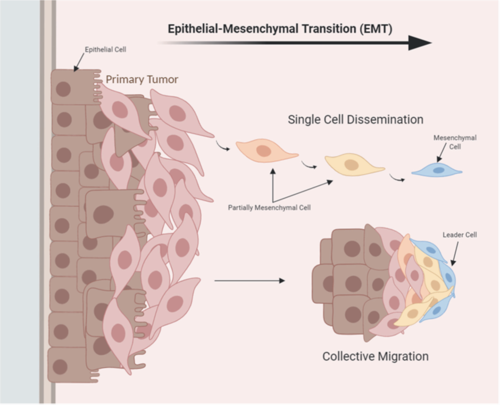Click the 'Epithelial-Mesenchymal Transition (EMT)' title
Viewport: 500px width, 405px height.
(280, 29)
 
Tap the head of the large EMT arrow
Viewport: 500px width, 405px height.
(420, 43)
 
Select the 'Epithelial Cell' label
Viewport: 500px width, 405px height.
(105, 49)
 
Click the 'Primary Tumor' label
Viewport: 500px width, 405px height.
(142, 79)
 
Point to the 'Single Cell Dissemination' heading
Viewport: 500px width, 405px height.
(355, 119)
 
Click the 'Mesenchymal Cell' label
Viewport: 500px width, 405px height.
(455, 142)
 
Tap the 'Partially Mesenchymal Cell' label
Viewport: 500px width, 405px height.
(269, 208)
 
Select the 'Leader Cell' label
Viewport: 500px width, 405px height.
(460, 235)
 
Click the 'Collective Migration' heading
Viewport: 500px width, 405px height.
(376, 356)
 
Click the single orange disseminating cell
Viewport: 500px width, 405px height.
(266, 151)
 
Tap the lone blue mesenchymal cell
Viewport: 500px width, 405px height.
(437, 170)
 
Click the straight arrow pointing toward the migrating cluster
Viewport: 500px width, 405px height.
(249, 280)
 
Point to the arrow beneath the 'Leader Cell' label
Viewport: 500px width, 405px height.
(455, 253)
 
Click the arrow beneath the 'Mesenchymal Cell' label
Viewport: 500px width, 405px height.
(441, 152)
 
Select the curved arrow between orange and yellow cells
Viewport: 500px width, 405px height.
(309, 166)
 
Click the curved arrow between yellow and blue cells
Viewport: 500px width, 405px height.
(396, 178)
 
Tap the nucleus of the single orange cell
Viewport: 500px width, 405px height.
(264, 151)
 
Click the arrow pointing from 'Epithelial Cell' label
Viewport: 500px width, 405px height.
(79, 63)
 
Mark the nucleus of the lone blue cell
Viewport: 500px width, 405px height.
(438, 170)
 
